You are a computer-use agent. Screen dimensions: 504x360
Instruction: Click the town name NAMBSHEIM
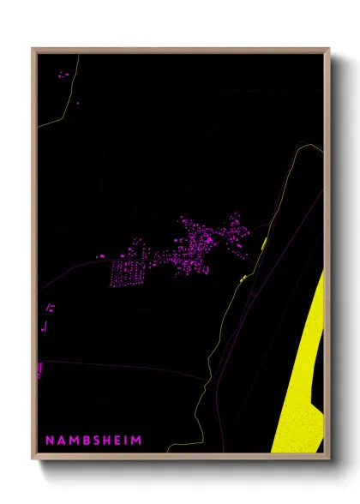[x=93, y=440]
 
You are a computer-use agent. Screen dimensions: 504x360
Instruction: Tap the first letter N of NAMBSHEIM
[x=49, y=440]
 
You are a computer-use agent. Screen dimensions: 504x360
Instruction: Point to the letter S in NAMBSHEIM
[x=93, y=440]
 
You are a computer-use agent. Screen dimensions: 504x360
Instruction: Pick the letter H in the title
[x=105, y=440]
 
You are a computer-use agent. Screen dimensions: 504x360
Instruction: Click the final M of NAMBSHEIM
[x=136, y=440]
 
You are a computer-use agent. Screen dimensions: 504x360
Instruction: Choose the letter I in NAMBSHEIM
[x=125, y=440]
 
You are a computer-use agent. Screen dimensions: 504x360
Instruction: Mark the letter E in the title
[x=116, y=440]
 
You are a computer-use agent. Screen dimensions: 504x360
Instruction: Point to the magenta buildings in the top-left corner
[x=63, y=75]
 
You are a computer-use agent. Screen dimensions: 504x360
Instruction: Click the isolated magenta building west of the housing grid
[x=100, y=255]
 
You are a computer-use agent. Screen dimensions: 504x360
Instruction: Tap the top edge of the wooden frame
[x=180, y=50]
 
